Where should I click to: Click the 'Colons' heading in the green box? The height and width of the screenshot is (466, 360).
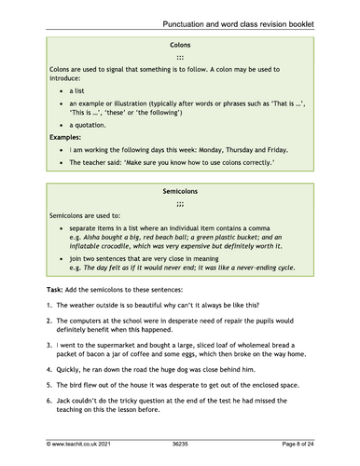[x=180, y=45]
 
